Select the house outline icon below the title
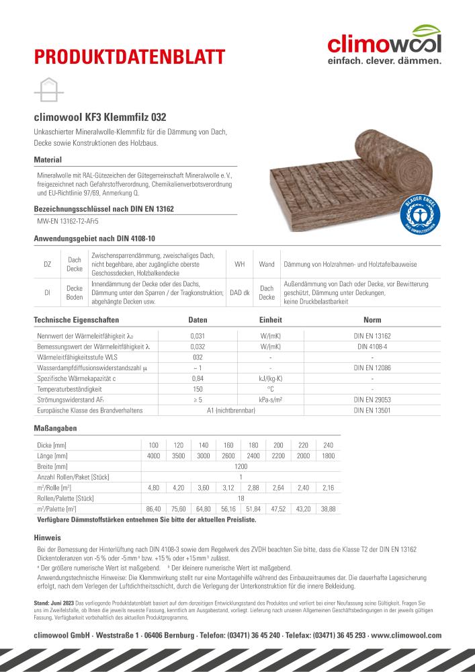[x=48, y=89]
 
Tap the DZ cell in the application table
[x=48, y=264]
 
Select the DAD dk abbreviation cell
[x=240, y=292]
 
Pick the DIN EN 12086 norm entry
[x=372, y=368]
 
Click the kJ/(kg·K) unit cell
[x=270, y=378]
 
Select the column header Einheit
[x=270, y=320]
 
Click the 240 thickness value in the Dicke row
[x=328, y=445]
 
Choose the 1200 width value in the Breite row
[x=241, y=465]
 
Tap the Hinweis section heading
[x=48, y=538]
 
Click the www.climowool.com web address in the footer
[x=406, y=635]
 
